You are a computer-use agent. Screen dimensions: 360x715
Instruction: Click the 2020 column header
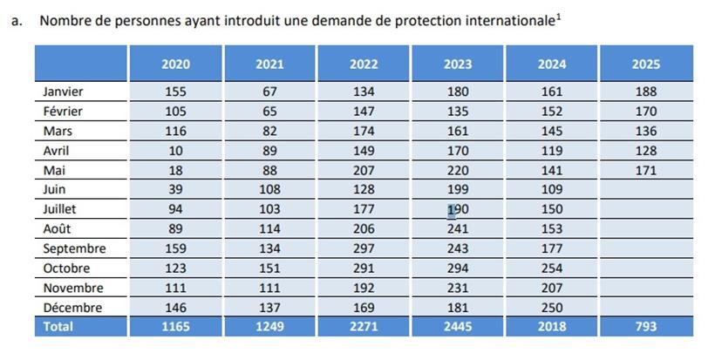[175, 64]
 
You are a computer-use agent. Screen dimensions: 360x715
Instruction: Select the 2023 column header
[458, 64]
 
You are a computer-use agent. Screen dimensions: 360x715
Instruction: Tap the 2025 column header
[646, 64]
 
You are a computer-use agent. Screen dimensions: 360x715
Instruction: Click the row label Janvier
[63, 92]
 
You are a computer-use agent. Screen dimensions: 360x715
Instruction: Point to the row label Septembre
[74, 248]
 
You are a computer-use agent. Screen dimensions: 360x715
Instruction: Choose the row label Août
[58, 228]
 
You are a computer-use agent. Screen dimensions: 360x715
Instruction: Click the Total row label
[58, 327]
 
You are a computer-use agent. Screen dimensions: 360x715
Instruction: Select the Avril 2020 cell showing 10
[175, 150]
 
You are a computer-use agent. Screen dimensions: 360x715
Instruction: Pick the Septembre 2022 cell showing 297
[364, 248]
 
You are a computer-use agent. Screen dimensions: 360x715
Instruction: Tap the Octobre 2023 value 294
[458, 268]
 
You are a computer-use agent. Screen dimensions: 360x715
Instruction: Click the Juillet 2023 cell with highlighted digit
[458, 209]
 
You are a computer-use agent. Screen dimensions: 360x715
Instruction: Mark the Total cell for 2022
[364, 327]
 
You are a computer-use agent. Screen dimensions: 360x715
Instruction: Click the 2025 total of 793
[646, 327]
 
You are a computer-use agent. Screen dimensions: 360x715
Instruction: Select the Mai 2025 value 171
[646, 170]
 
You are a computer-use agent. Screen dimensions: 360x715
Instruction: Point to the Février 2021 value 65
[269, 111]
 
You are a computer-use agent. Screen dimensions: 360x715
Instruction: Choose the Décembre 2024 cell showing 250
[552, 308]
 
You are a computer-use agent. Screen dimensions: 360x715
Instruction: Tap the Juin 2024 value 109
[552, 189]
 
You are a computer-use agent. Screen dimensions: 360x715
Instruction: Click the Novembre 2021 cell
[269, 288]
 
